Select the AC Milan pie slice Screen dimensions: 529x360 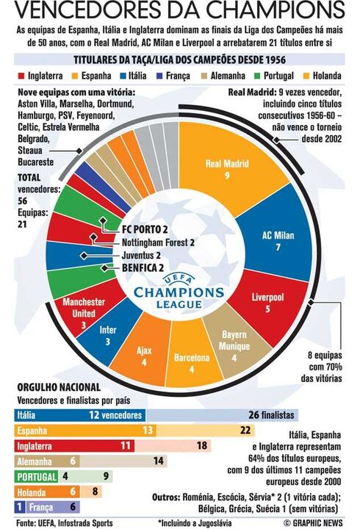pyautogui.click(x=278, y=240)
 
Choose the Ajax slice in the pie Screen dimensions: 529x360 pyautogui.click(x=144, y=355)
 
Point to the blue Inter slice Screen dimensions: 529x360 pyautogui.click(x=108, y=334)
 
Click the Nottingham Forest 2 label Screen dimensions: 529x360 pyautogui.click(x=158, y=242)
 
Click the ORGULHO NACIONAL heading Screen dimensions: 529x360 pyautogui.click(x=60, y=388)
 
